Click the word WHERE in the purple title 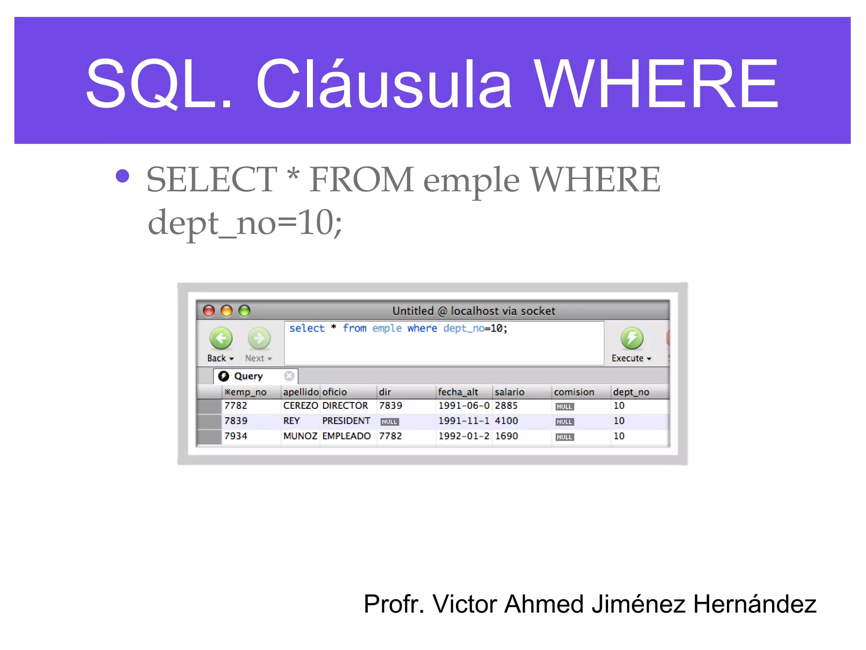point(655,84)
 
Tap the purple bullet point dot point(123,176)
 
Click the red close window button point(209,311)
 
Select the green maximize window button point(244,311)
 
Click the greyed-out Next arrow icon point(259,338)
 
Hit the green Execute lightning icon point(632,338)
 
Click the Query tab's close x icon point(289,376)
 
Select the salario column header point(510,392)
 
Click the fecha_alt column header point(458,392)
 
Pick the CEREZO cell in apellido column point(300,406)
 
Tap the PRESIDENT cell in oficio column point(346,421)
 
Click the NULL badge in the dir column point(389,422)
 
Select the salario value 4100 point(506,421)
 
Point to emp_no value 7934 point(236,436)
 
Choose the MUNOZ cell point(300,436)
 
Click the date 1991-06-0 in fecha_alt point(463,406)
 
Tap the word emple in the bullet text point(471,181)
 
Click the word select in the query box point(307,328)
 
